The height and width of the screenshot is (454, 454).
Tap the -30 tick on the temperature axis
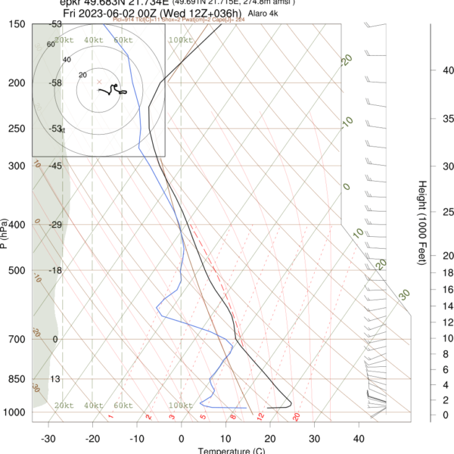[x=48, y=438]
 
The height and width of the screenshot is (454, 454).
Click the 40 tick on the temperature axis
[x=359, y=438]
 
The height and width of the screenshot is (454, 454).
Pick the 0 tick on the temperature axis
[x=182, y=438]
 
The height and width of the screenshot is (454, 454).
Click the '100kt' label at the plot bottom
[x=179, y=406]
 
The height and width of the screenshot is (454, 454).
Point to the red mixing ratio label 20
[x=297, y=417]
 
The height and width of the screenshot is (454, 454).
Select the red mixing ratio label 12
[x=260, y=417]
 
